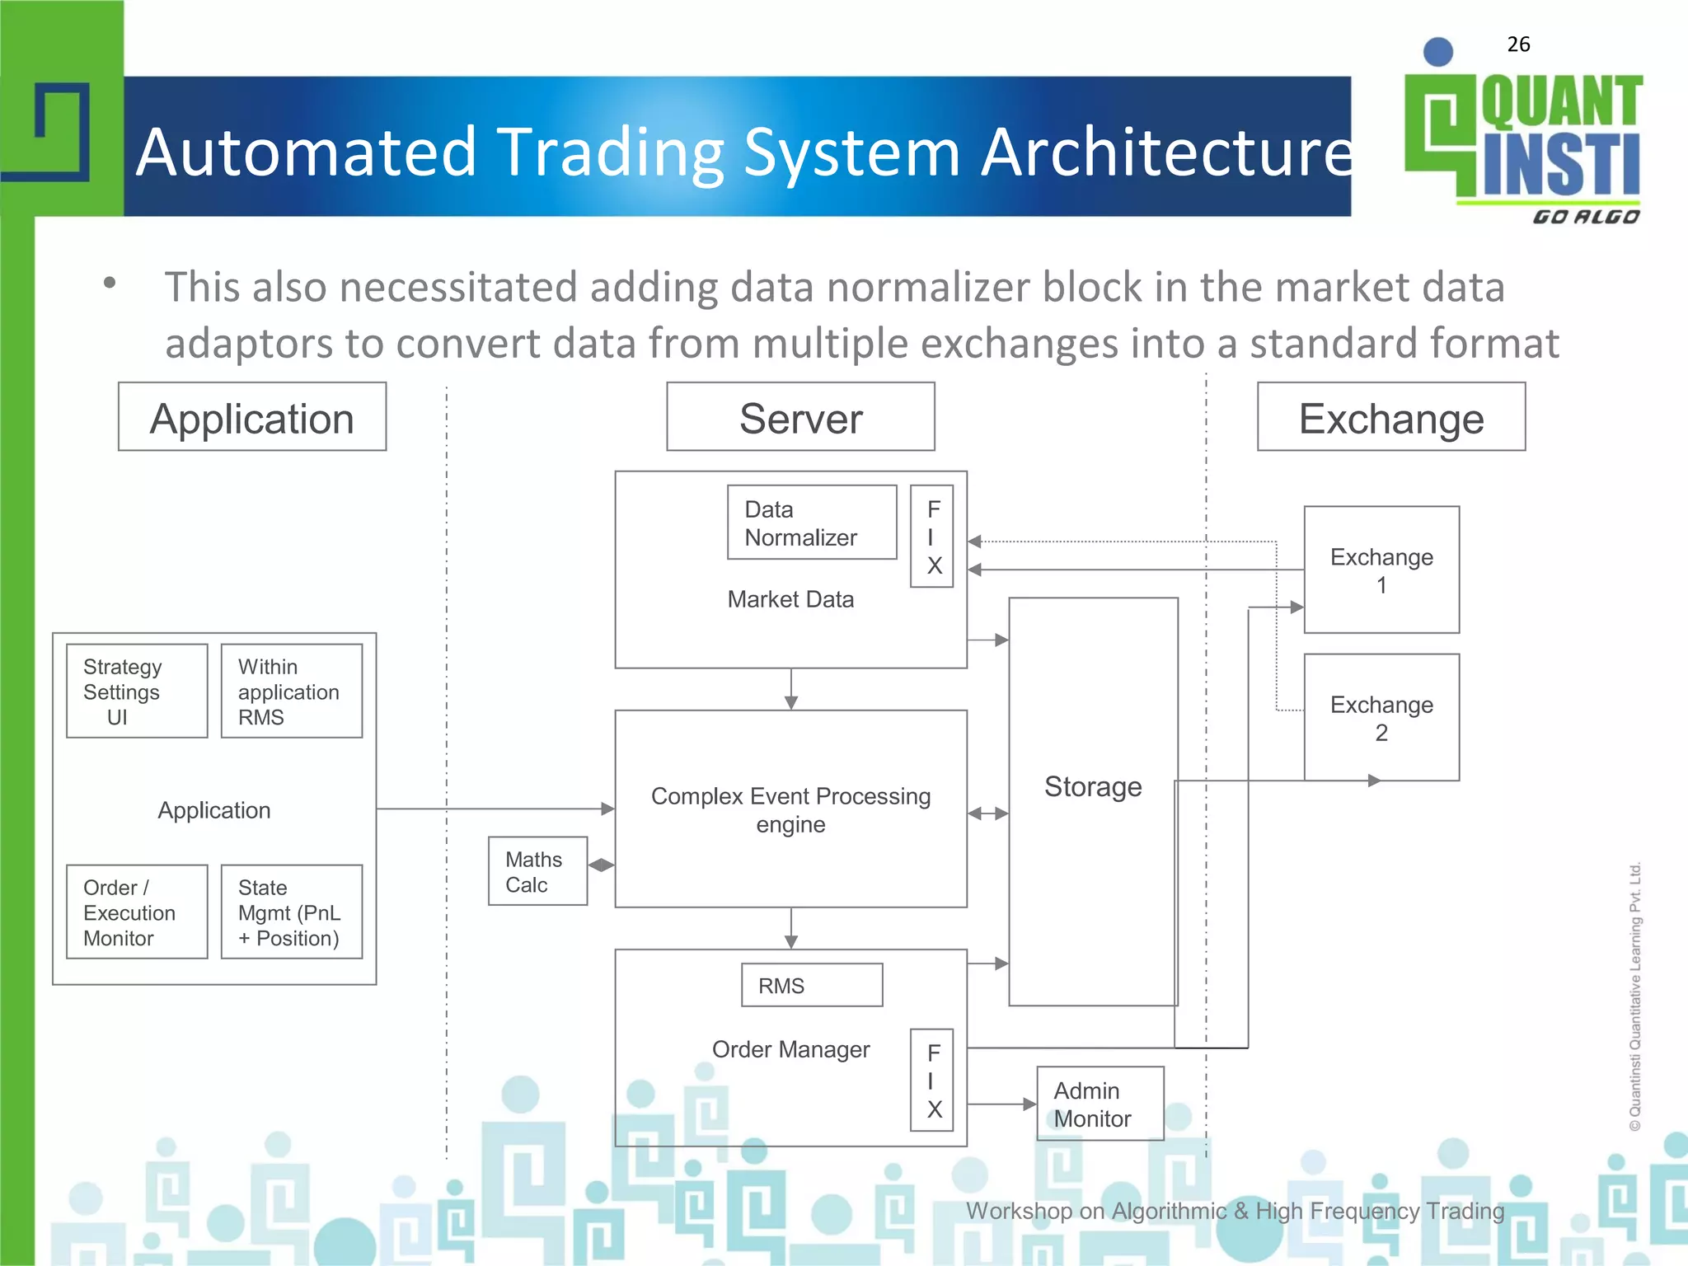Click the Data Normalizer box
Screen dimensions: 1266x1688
click(811, 523)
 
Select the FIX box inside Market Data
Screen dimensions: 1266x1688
click(931, 537)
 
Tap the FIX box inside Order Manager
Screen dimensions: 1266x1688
click(931, 1080)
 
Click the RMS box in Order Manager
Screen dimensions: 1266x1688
click(811, 985)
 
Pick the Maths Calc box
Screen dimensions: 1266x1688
click(537, 871)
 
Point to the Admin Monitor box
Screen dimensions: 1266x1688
click(1100, 1104)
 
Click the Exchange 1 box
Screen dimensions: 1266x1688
click(1381, 570)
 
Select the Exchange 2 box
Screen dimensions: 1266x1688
click(1381, 717)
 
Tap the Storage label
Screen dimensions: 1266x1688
click(1093, 786)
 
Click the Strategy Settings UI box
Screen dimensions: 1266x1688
click(137, 691)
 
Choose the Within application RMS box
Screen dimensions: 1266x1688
click(291, 691)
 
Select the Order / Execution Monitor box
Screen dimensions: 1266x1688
click(137, 912)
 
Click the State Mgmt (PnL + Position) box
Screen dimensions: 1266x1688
click(291, 912)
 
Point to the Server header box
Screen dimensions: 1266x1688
click(800, 417)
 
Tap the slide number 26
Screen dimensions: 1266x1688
click(1518, 45)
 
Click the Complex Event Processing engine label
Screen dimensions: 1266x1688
click(790, 809)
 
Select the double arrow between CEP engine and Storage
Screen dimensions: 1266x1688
click(987, 814)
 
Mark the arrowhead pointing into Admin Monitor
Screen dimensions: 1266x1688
click(1029, 1104)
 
